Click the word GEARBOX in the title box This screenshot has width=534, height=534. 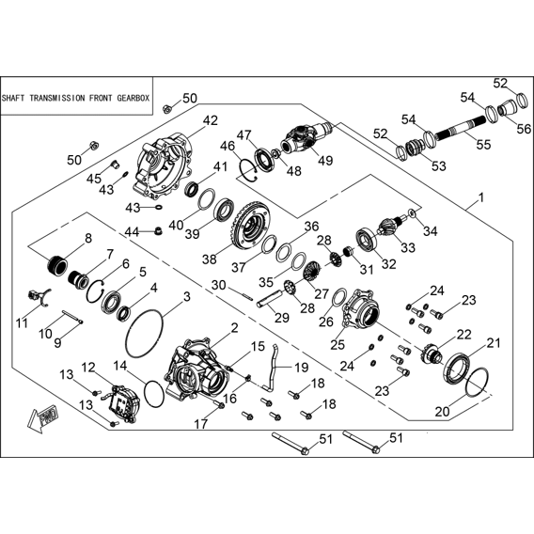(133, 98)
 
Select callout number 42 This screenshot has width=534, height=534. (211, 120)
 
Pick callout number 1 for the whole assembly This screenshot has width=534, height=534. (480, 197)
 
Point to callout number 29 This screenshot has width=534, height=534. (282, 318)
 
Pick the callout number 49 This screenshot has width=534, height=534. (325, 160)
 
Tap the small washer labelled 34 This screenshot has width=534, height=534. (412, 213)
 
